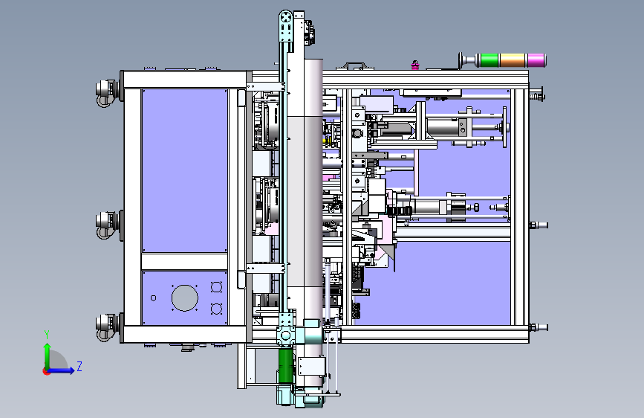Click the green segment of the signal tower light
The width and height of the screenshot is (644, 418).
[x=489, y=60]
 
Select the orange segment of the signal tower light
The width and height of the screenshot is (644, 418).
[x=513, y=60]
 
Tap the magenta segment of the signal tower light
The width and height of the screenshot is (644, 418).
[x=536, y=60]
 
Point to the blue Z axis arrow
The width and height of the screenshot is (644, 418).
[x=60, y=370]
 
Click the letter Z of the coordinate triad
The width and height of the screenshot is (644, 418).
[x=79, y=366]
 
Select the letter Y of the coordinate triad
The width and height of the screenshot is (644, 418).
[x=47, y=335]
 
